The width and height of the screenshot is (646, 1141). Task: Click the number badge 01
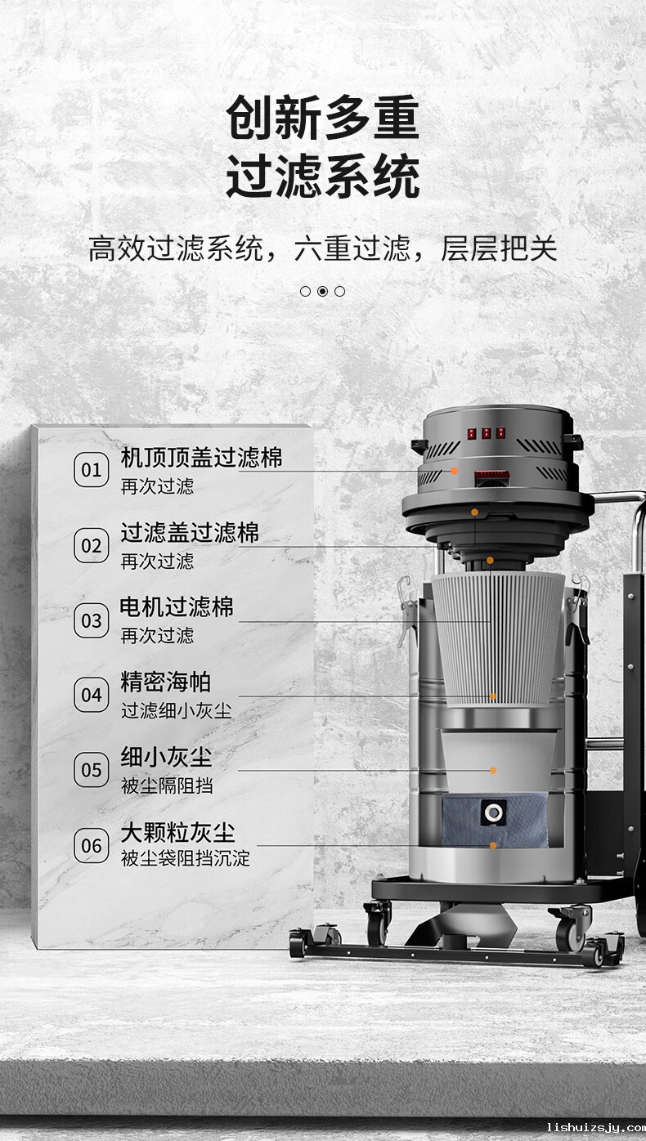click(92, 470)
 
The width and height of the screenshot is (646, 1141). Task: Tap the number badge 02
click(92, 545)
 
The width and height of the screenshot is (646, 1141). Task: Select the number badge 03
click(92, 620)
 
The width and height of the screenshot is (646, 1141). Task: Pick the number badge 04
click(92, 695)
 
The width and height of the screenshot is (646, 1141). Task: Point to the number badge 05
click(92, 770)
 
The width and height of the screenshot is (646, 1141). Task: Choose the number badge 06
click(92, 846)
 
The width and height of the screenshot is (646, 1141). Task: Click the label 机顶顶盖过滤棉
click(201, 458)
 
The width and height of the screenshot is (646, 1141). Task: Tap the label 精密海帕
click(165, 682)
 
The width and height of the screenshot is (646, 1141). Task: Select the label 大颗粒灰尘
click(177, 834)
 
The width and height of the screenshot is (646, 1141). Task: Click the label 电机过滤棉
click(177, 607)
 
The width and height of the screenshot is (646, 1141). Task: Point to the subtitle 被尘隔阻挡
click(167, 785)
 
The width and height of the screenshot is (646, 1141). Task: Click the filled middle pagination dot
click(322, 291)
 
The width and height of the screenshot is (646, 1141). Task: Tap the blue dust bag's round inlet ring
click(493, 812)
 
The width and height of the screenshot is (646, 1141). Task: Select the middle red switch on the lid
click(487, 433)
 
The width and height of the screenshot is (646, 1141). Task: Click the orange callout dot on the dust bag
click(492, 846)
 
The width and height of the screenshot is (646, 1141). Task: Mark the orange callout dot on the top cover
click(454, 471)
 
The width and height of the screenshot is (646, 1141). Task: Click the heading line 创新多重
click(322, 118)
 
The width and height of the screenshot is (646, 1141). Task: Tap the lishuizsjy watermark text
click(596, 1127)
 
